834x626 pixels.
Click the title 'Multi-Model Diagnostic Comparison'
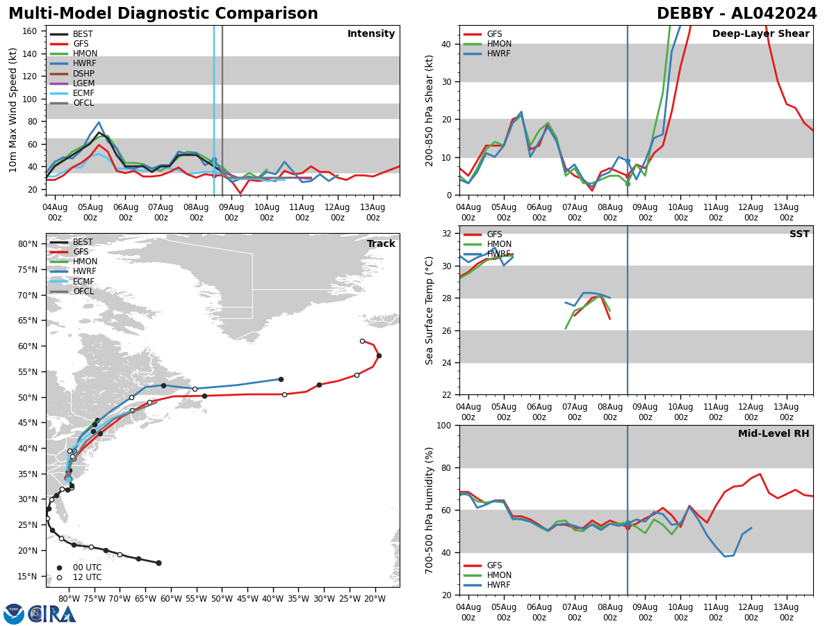(163, 14)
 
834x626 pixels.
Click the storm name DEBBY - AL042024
(737, 14)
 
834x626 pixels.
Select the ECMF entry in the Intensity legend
(83, 93)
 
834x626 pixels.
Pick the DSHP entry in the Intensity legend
(83, 74)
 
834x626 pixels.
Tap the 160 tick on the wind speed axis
(31, 31)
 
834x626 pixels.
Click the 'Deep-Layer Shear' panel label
(760, 34)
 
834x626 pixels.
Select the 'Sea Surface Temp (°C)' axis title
(430, 310)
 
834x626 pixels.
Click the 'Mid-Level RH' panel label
(774, 434)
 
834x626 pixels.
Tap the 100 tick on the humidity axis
(445, 425)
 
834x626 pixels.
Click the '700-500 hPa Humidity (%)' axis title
(430, 510)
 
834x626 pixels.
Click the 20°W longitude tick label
(375, 598)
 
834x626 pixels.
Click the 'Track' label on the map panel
(381, 244)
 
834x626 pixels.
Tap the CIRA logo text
(51, 614)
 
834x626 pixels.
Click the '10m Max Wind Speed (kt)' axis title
(13, 110)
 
